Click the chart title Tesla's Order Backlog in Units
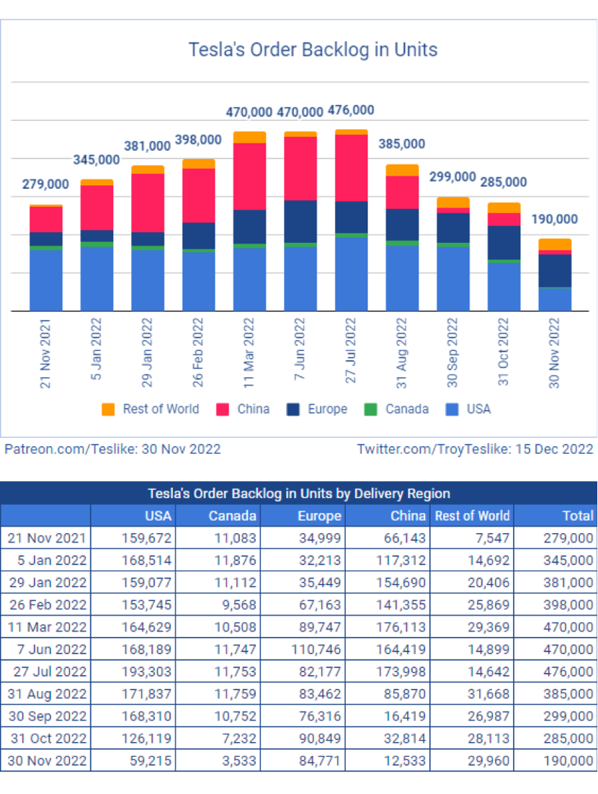tap(313, 50)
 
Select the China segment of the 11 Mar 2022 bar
tap(249, 177)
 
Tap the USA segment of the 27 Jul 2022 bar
tap(352, 274)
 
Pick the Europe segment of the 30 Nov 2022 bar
tap(555, 271)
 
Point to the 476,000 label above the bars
tap(351, 110)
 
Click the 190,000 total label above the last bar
tap(555, 219)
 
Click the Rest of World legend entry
tap(151, 409)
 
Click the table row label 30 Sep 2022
tap(46, 716)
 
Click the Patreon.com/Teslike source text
tap(112, 449)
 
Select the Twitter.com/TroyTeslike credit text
tap(475, 449)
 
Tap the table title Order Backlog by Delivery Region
tap(298, 494)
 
